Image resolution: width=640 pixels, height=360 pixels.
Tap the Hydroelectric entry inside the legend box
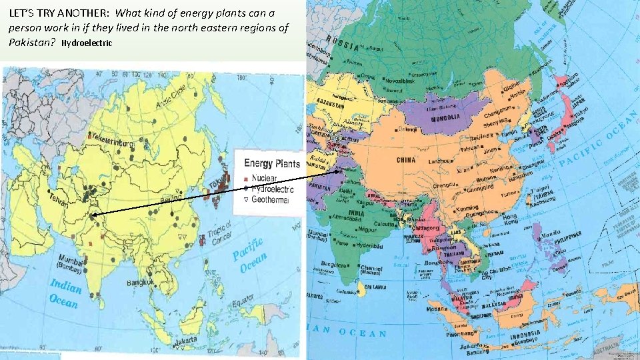[273, 189]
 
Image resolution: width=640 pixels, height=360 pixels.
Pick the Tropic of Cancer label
[220, 233]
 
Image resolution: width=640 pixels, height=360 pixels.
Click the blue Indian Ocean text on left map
[65, 293]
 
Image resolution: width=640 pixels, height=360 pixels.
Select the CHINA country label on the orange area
[406, 160]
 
